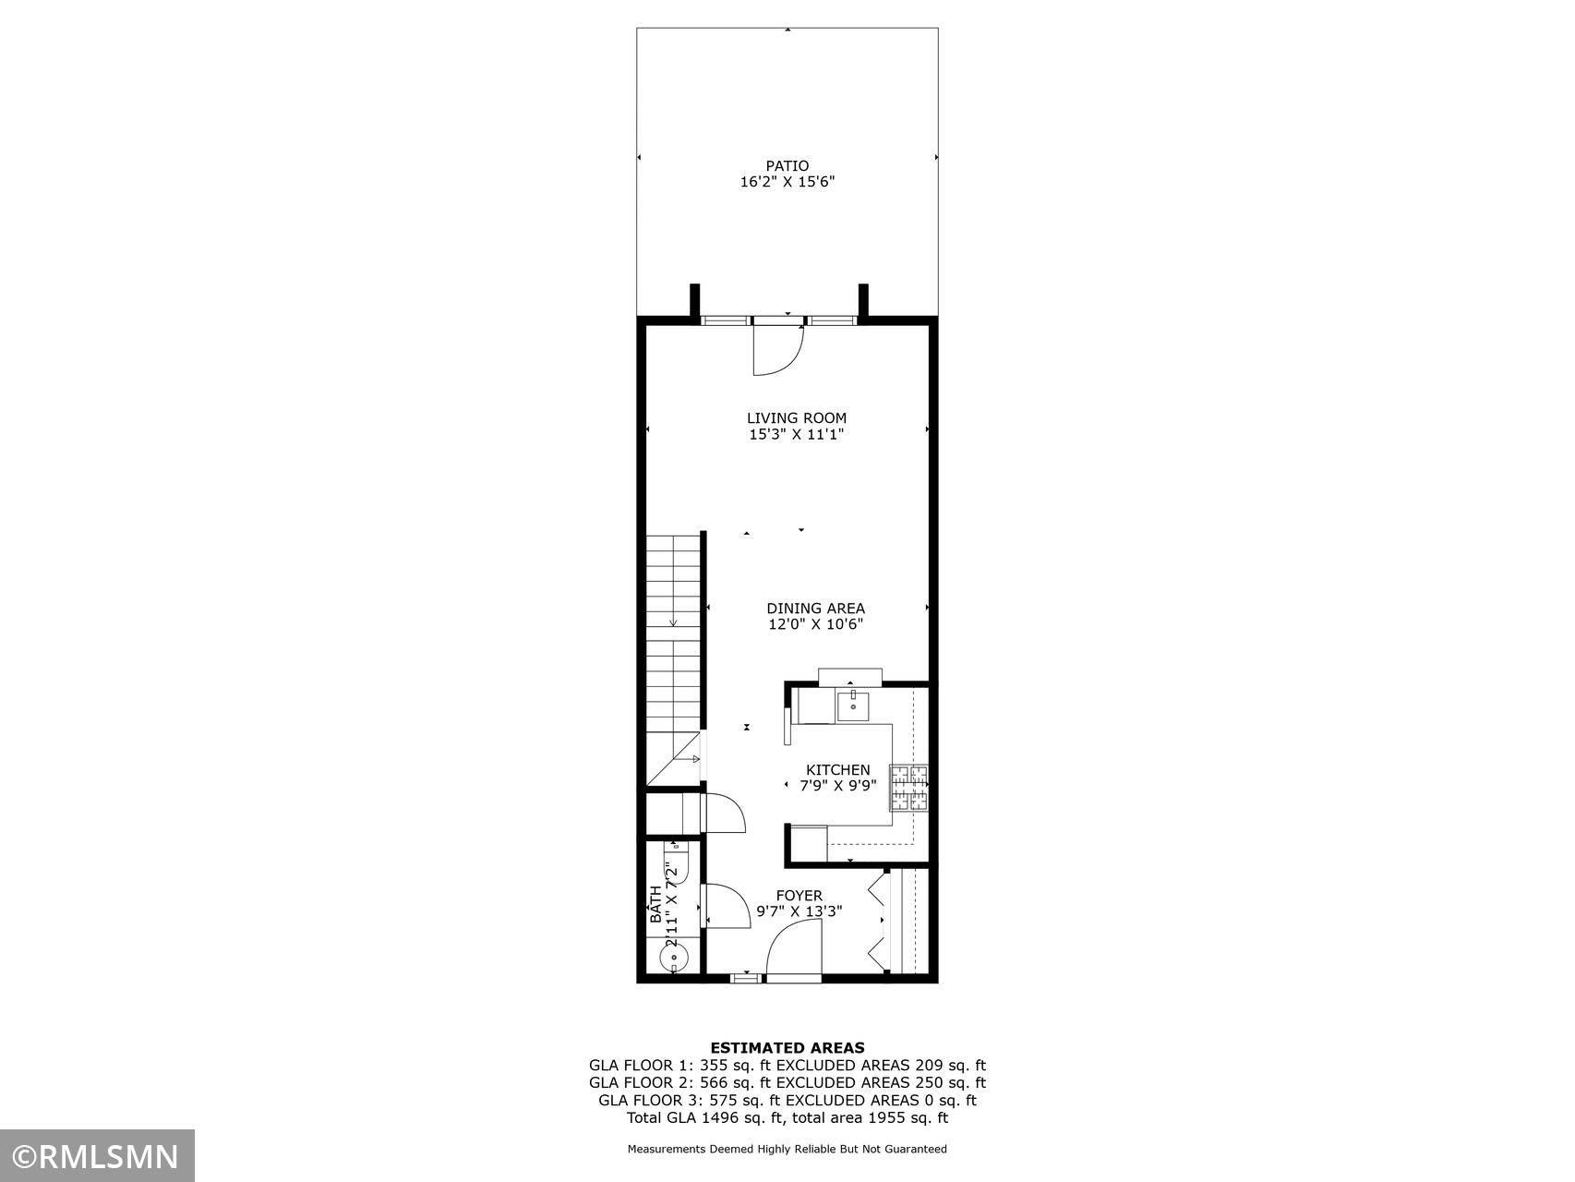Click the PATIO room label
[787, 166]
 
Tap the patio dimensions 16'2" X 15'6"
[787, 183]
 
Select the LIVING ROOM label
[797, 418]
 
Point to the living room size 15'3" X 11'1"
[797, 435]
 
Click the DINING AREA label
[816, 609]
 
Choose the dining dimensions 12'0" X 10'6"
[816, 625]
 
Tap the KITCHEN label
[838, 770]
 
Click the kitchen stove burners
[908, 789]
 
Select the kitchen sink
[853, 706]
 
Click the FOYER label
[800, 896]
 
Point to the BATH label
[655, 905]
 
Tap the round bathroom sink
[674, 958]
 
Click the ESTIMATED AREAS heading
[787, 1048]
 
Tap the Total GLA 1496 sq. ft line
[787, 1118]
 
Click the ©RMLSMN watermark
[97, 1157]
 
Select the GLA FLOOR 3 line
[787, 1101]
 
